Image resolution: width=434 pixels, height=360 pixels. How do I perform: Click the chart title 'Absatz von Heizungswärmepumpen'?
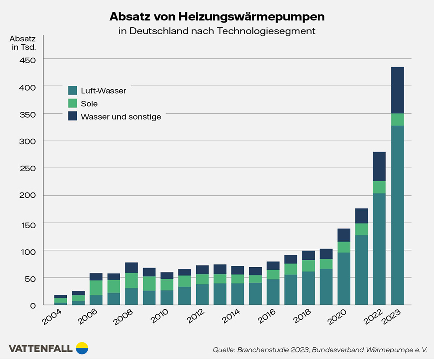click(x=217, y=17)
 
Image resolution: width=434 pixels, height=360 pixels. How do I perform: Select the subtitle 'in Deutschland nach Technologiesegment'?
click(x=217, y=31)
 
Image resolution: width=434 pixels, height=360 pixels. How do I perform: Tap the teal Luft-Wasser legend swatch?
click(x=72, y=91)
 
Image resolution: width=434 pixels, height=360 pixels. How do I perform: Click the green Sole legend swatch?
click(x=72, y=104)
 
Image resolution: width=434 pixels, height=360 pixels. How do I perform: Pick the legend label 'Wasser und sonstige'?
click(x=121, y=117)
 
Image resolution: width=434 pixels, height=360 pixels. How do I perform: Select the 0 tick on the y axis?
click(x=32, y=305)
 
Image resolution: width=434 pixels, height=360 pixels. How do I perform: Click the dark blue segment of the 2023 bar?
click(x=397, y=90)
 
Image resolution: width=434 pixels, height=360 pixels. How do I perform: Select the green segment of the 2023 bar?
click(x=397, y=120)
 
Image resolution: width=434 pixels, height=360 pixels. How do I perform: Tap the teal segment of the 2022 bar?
click(x=379, y=249)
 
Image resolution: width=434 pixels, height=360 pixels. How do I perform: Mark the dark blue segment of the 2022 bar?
click(x=379, y=166)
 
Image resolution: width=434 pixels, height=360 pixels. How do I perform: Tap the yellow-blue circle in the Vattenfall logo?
click(x=82, y=348)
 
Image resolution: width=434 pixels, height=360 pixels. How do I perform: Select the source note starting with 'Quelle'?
click(x=320, y=350)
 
